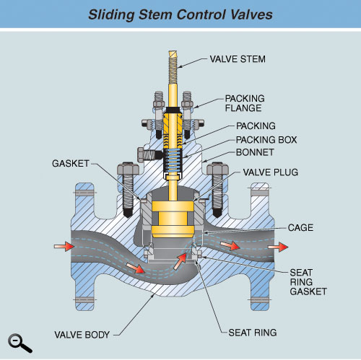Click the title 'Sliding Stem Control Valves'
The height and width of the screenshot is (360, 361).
[180, 15]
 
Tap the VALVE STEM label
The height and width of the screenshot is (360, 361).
[238, 59]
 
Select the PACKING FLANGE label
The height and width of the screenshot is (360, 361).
[245, 103]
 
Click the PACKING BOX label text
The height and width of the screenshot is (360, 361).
[266, 140]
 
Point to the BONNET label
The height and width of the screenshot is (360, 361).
[255, 152]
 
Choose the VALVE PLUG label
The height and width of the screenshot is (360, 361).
[271, 172]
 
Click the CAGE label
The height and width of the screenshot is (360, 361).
[300, 227]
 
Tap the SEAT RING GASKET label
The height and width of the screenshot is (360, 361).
[308, 282]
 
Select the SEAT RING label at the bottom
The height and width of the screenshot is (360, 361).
[253, 333]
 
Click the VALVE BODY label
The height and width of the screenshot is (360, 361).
[82, 335]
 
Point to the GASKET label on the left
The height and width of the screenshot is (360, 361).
[71, 164]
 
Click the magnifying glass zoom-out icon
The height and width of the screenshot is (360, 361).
[19, 343]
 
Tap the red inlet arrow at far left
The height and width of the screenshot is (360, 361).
[64, 247]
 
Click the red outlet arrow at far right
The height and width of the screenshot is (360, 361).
[278, 247]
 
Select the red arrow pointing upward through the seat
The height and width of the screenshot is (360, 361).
[180, 261]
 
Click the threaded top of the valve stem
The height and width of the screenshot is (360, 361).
[173, 67]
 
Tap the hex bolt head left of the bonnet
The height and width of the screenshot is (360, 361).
[128, 168]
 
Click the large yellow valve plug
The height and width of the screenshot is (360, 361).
[173, 219]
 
